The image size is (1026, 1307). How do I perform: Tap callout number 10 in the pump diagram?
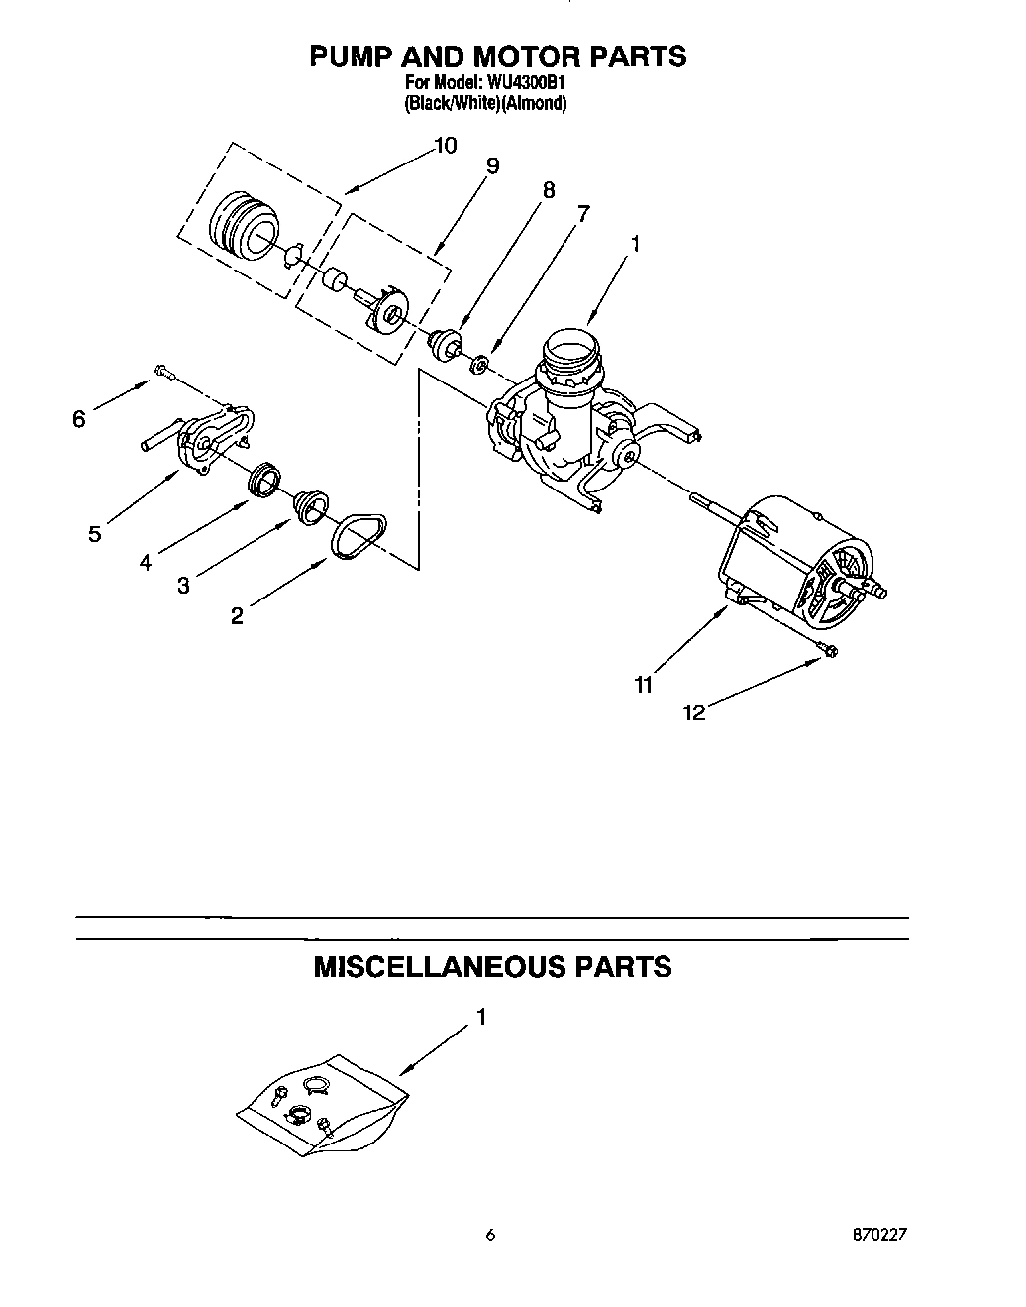click(445, 146)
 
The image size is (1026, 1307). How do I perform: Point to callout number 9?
click(491, 165)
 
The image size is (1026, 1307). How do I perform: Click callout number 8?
click(548, 190)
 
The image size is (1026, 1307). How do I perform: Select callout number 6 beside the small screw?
click(79, 419)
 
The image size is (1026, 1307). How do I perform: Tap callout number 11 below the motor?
click(644, 684)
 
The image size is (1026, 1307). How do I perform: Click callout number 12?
click(694, 711)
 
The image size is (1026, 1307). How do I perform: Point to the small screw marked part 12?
click(827, 650)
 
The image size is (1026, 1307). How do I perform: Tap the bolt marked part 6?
click(162, 373)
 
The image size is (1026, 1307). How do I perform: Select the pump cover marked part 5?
click(207, 439)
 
